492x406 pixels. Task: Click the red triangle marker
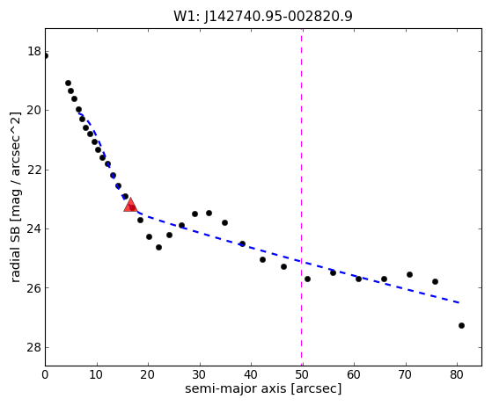130,205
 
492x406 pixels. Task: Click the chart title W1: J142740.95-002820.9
263,16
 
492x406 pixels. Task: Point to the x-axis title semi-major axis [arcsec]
263,388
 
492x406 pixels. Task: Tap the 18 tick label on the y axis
34,51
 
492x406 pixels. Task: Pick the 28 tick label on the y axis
34,347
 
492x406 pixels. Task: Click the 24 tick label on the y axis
34,229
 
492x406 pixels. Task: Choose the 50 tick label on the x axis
302,374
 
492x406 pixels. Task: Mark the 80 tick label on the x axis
457,374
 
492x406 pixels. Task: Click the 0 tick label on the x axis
45,374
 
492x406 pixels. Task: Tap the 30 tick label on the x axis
199,374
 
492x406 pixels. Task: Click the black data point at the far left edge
46,56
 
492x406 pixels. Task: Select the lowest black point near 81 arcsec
461,325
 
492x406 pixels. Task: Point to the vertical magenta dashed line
302,197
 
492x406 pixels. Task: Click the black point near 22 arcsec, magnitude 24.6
158,247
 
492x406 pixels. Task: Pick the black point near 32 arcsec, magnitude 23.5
209,213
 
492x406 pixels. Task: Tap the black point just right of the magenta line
307,279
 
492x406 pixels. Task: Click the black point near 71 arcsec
409,274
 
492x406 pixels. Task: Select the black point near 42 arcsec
262,259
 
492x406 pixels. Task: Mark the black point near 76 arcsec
435,281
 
